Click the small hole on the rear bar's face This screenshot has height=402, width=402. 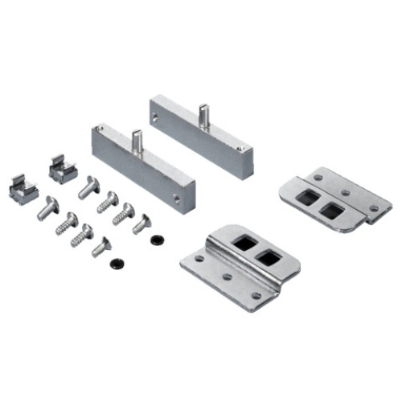pos(154,115)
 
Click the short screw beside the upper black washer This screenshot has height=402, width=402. pos(142,224)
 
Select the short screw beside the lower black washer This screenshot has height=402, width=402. pos(101,246)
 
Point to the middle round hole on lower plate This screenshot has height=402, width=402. pos(228,277)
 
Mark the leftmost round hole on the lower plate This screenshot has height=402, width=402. pos(198,259)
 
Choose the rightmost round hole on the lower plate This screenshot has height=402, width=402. pos(256,295)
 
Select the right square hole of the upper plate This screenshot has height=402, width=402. pos(330,211)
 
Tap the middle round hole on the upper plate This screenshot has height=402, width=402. pos(343,191)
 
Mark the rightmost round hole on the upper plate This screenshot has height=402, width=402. pos(373,209)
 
